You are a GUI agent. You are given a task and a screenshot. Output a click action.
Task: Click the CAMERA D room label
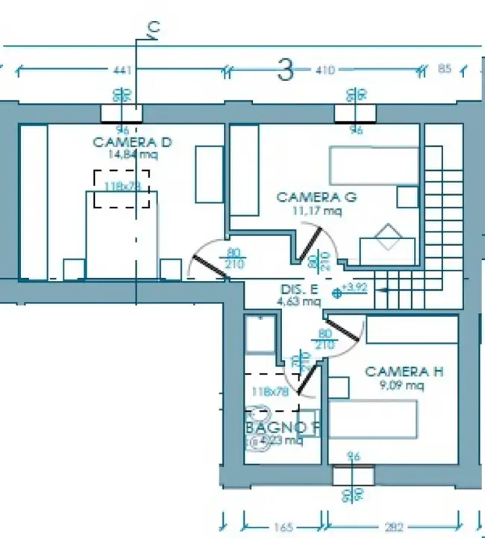click(x=132, y=142)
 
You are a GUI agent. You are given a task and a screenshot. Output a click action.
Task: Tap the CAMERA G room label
click(x=316, y=197)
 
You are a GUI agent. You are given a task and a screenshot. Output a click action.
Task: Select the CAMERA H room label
click(x=398, y=371)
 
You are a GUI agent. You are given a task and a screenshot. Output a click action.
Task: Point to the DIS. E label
click(x=298, y=289)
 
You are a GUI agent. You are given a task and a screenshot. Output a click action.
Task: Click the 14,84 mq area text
click(x=131, y=155)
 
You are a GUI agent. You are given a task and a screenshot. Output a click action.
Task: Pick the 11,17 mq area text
click(x=317, y=211)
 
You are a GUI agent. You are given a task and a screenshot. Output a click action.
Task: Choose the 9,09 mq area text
click(x=401, y=386)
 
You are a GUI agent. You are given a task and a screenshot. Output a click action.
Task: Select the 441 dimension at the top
click(x=122, y=70)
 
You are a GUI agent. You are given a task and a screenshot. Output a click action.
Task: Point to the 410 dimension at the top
click(x=325, y=70)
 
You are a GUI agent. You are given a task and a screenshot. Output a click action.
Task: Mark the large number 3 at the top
click(x=284, y=70)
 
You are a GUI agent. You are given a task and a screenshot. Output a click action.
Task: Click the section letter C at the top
click(x=153, y=28)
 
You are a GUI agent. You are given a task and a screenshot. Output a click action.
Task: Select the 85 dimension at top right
click(x=445, y=70)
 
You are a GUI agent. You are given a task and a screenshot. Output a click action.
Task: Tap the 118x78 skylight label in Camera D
click(x=122, y=185)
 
